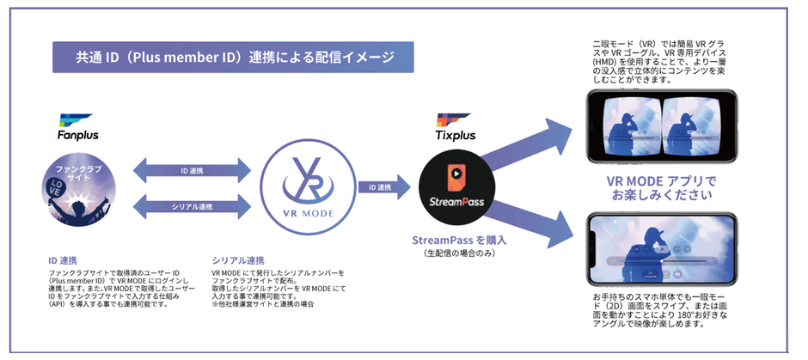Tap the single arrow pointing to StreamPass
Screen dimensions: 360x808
click(x=377, y=187)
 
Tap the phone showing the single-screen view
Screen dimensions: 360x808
click(x=662, y=249)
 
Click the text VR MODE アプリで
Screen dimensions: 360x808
click(x=661, y=182)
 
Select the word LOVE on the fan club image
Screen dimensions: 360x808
click(x=54, y=186)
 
